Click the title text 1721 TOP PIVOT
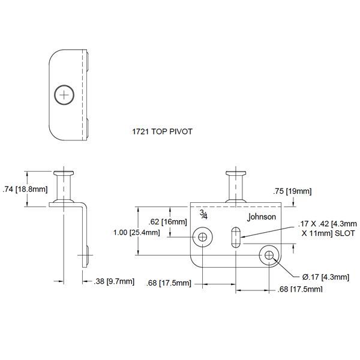(x=162, y=130)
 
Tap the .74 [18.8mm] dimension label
(x=25, y=189)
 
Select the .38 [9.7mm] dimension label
(x=115, y=281)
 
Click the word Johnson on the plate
(x=262, y=217)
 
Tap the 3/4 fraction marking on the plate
(x=204, y=214)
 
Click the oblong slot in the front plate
(x=236, y=236)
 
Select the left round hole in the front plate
(x=203, y=237)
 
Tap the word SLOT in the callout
(x=345, y=233)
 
